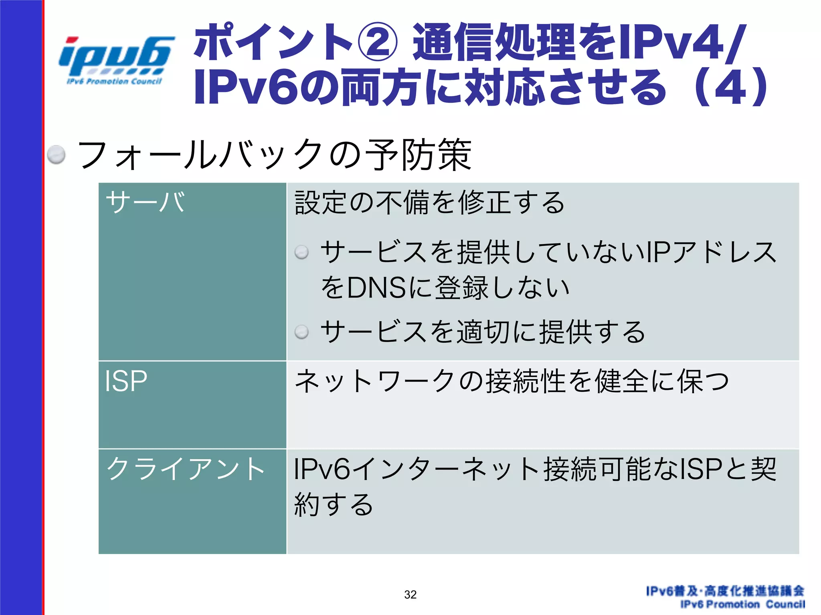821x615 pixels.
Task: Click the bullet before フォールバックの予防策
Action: pyautogui.click(x=56, y=155)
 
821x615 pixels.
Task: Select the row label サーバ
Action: pyautogui.click(x=145, y=202)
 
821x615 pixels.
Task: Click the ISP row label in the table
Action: pyautogui.click(x=126, y=381)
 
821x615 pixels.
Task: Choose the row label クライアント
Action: pyautogui.click(x=185, y=468)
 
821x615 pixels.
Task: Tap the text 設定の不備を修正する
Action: pyautogui.click(x=429, y=203)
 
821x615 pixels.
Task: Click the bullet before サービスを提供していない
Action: pyautogui.click(x=301, y=252)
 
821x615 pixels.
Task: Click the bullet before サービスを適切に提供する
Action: pyautogui.click(x=301, y=332)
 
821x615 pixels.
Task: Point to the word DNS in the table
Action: pyautogui.click(x=376, y=287)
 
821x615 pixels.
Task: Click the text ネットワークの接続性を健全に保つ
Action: pyautogui.click(x=511, y=381)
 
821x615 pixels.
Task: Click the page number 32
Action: pyautogui.click(x=410, y=595)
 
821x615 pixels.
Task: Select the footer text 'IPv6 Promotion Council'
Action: pyautogui.click(x=742, y=604)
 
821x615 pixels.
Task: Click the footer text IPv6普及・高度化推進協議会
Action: pyautogui.click(x=725, y=591)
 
